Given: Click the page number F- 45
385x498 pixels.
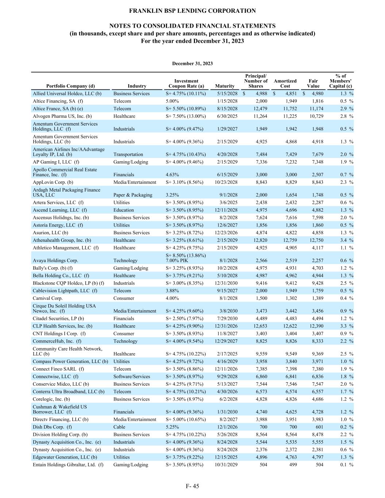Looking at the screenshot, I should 192,486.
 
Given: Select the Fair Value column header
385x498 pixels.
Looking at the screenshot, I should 313,84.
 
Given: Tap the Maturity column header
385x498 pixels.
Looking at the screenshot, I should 225,86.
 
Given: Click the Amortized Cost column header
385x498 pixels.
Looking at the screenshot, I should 285,84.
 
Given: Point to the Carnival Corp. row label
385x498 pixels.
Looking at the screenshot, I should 47,298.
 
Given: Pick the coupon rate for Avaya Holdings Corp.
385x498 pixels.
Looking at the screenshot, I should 186,258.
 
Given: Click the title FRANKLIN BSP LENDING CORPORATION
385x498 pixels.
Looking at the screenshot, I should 192,11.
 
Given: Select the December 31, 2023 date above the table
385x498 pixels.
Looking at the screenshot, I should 192,63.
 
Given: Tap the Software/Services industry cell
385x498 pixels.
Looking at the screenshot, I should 132,377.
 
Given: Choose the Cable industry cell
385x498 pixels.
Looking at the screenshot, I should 119,427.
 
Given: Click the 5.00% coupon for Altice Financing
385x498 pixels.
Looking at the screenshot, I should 172,101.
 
